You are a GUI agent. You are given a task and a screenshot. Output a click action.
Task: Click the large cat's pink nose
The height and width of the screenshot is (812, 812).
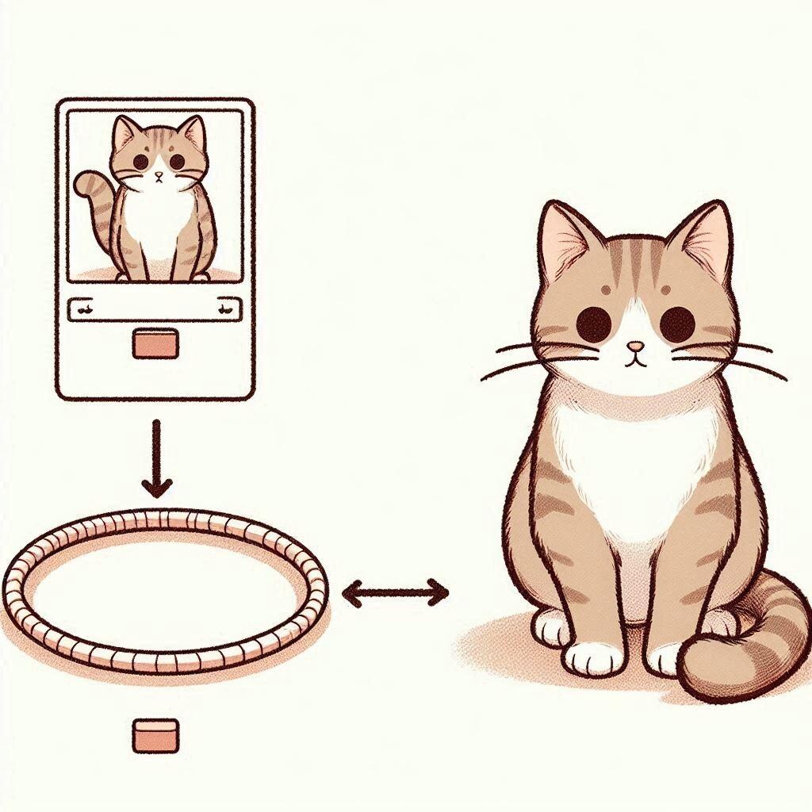click(634, 347)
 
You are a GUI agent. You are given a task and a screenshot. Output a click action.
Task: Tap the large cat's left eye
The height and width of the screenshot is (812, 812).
click(592, 323)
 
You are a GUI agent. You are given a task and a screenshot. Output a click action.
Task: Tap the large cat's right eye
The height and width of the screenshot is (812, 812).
click(677, 322)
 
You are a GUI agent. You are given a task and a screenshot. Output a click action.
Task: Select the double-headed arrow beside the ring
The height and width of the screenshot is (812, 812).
click(395, 592)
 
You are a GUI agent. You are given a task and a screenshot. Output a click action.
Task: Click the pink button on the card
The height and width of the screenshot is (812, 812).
click(156, 344)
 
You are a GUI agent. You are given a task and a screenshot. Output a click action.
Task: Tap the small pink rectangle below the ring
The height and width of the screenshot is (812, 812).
click(155, 735)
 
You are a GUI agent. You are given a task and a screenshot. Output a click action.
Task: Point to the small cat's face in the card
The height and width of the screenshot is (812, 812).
click(159, 163)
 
